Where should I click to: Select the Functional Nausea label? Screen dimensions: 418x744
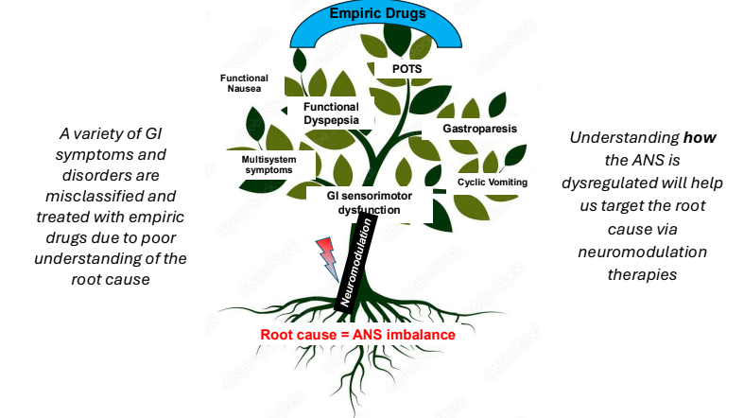tap(245, 83)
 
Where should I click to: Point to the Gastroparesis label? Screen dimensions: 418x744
tap(479, 128)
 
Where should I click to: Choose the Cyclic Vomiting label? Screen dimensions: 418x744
tap(492, 181)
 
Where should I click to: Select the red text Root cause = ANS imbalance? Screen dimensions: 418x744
tap(358, 335)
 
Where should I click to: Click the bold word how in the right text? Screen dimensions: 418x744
tap(699, 137)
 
